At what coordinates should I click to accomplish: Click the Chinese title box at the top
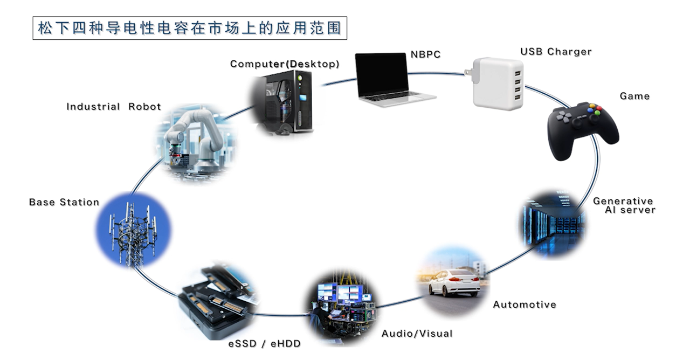tap(189, 27)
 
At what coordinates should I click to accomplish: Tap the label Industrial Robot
tap(114, 107)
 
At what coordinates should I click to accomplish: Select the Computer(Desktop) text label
tap(285, 64)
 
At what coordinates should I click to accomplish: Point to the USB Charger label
tap(556, 52)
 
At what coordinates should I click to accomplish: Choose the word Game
tap(634, 96)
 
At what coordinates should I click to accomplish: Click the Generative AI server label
tap(624, 205)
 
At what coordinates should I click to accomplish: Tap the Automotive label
tap(525, 304)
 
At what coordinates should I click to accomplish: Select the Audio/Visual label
tap(417, 334)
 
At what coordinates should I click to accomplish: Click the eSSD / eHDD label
tap(264, 344)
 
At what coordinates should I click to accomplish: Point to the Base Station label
tap(64, 203)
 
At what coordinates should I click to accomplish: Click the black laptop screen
tap(382, 75)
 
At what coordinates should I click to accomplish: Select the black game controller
tap(582, 129)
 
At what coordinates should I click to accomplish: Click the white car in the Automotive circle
tap(454, 282)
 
